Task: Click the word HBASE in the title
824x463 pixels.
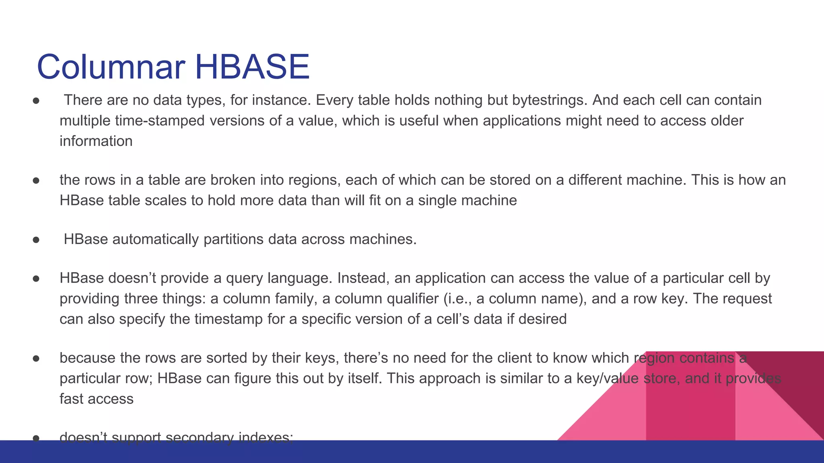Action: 252,67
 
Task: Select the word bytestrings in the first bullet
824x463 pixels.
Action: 550,100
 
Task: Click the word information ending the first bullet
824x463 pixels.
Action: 96,141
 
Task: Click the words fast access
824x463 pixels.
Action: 96,399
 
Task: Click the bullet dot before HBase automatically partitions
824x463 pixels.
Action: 36,240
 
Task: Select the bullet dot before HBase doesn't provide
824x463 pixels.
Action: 36,279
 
